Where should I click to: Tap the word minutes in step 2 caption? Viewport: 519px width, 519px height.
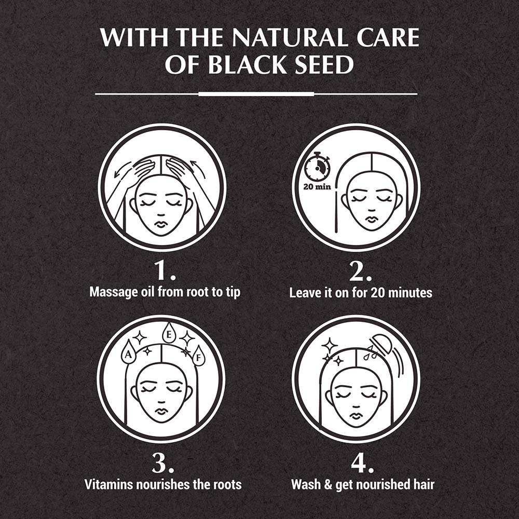(410, 292)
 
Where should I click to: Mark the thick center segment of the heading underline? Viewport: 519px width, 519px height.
(256, 94)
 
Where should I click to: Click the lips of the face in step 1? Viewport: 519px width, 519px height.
(161, 224)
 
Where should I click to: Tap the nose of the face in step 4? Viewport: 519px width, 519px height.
(356, 405)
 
